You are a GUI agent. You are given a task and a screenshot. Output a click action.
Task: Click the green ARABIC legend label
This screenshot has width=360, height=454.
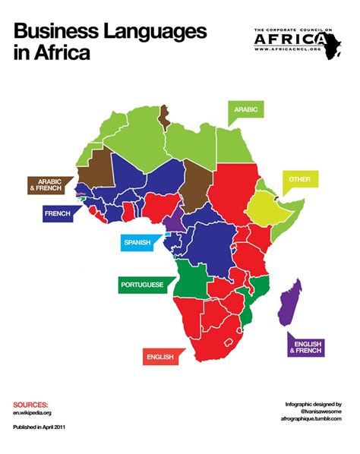(246, 111)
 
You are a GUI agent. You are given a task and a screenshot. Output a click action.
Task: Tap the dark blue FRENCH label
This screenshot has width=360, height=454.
(57, 215)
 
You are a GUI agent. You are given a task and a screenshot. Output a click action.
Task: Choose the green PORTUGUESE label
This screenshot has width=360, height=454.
(143, 285)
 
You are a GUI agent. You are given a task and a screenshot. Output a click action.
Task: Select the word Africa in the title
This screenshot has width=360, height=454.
(62, 53)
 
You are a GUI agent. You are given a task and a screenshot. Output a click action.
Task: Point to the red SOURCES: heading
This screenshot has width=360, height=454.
(30, 405)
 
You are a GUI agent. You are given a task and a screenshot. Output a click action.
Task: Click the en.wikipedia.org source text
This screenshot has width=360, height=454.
(32, 413)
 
